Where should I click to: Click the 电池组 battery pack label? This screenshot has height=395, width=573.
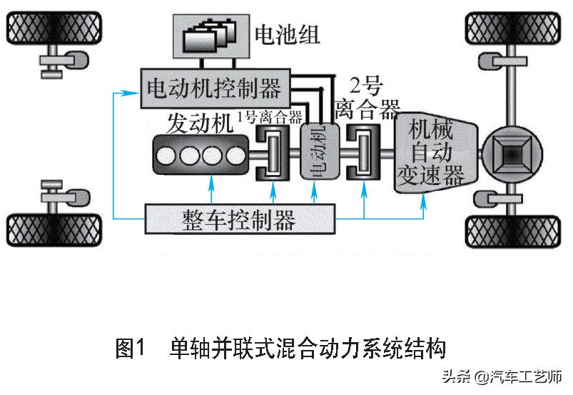click(x=288, y=34)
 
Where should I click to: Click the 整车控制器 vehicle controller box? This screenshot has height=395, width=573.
click(x=239, y=219)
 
